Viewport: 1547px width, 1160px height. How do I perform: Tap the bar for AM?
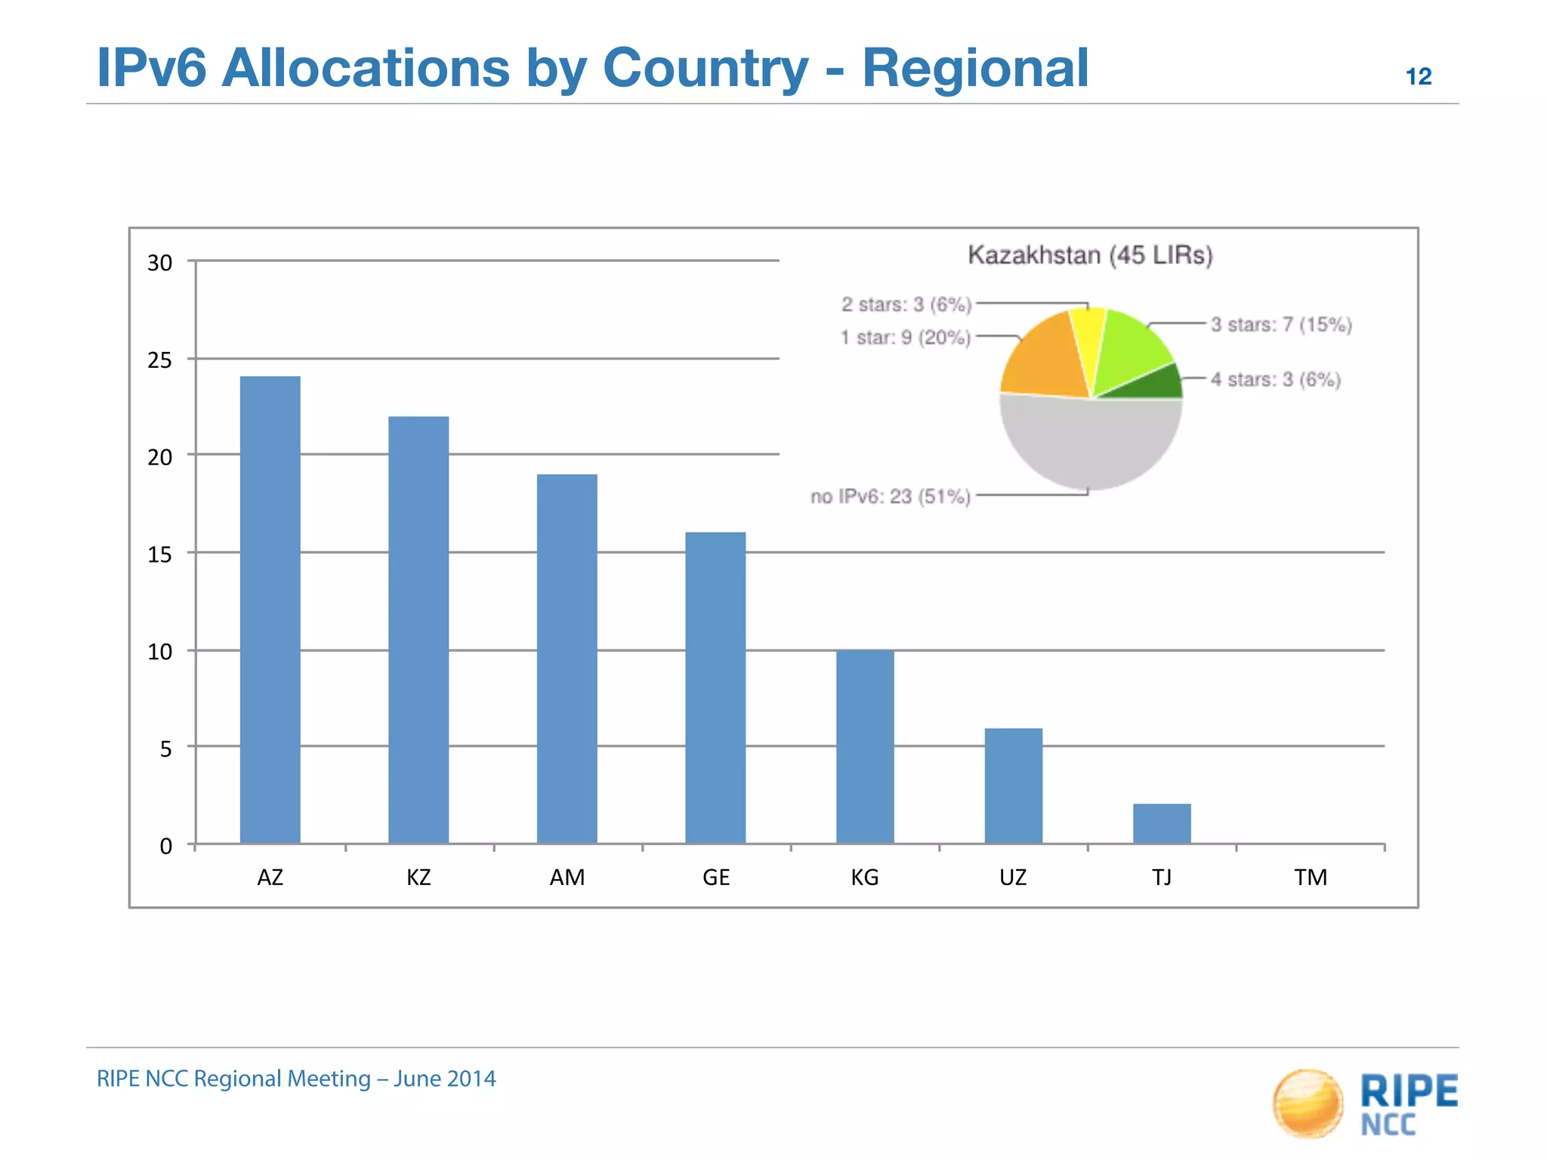coord(567,658)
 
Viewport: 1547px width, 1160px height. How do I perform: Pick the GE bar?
coord(715,687)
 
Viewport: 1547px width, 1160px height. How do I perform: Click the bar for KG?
coord(865,746)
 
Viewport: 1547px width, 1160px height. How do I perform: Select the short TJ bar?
coord(1162,823)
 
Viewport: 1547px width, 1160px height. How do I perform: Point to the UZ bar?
coord(1013,785)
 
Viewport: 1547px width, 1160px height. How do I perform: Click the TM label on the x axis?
coord(1310,877)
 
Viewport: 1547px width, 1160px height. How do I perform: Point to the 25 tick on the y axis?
coord(159,360)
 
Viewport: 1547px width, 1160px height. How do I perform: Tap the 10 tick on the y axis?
coord(159,652)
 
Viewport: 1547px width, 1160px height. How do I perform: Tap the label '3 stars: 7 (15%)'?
coord(1281,325)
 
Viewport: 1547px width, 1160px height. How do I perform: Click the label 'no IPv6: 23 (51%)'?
coord(890,496)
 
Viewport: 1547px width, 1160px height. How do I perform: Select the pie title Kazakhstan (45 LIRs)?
coord(1090,255)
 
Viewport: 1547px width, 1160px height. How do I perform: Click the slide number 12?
coord(1418,76)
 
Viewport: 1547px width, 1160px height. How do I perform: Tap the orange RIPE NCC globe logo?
coord(1308,1103)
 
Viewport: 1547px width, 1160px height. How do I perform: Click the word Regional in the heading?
coord(974,68)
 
